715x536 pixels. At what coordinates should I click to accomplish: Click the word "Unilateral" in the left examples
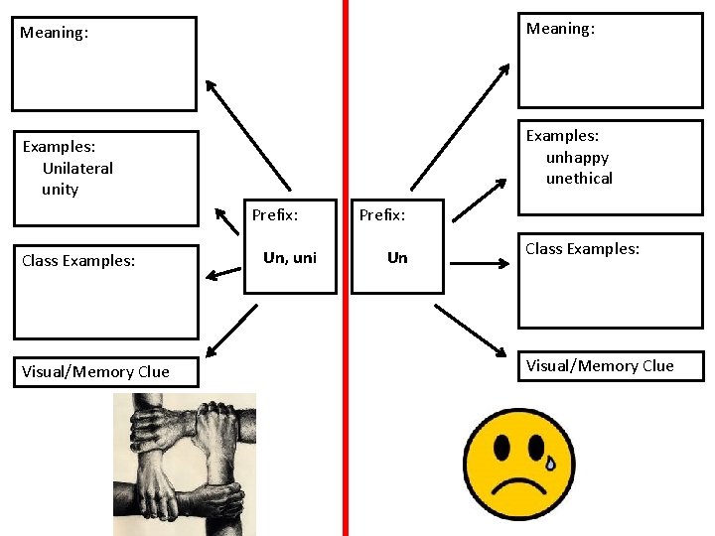[x=77, y=169]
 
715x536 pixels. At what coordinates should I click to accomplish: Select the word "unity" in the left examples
[x=60, y=190]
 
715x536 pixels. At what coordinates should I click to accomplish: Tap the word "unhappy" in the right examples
[x=577, y=158]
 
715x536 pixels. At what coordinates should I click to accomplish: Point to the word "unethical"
[x=579, y=179]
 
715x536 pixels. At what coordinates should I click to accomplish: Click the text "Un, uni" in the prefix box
[x=290, y=258]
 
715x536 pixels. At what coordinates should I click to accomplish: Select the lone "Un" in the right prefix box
[x=397, y=258]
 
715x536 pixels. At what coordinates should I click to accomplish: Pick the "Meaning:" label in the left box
[x=54, y=33]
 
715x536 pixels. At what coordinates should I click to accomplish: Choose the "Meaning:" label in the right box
[x=560, y=29]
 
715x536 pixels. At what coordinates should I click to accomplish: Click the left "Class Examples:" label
[x=78, y=261]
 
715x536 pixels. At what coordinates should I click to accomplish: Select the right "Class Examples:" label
[x=582, y=249]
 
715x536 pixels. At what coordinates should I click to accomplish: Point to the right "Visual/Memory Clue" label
[x=600, y=366]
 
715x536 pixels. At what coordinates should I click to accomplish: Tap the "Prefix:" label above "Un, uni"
[x=275, y=214]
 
